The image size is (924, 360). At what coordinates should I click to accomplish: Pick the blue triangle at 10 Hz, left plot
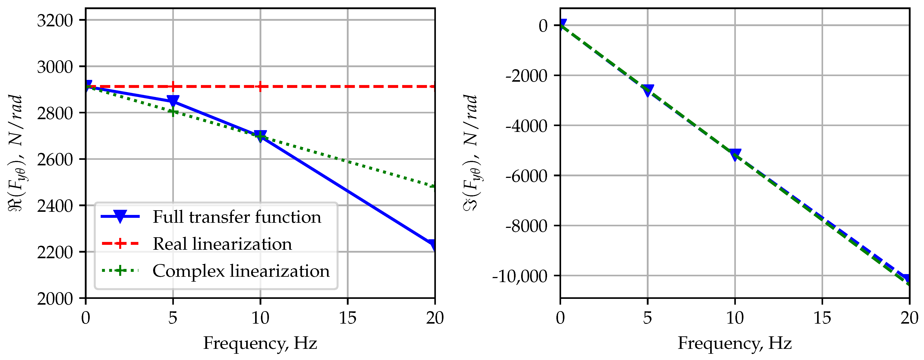pos(260,136)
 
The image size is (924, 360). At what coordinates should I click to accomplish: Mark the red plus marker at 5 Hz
pos(173,86)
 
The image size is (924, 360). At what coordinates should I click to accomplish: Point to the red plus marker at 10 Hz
pos(260,86)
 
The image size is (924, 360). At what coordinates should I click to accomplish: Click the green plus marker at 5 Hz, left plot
pos(173,112)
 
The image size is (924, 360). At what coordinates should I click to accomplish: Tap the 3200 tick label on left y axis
pos(55,21)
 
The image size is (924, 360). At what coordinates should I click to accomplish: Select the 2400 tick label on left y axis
pos(55,206)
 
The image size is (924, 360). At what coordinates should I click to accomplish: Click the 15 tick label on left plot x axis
pos(347,318)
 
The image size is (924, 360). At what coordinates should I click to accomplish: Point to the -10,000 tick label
pos(520,276)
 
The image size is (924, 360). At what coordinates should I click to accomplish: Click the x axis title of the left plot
pos(260,343)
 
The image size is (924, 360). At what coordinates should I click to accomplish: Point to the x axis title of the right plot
pos(735,343)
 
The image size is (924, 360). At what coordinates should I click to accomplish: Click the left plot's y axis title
pos(16,153)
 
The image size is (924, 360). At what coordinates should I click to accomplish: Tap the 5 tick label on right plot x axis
pos(647,318)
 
